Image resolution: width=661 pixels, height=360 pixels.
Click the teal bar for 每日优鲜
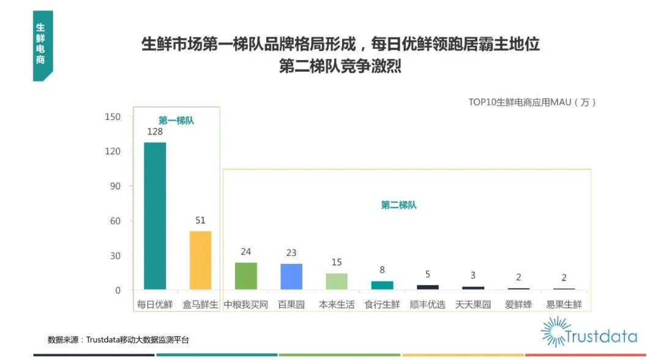coord(155,216)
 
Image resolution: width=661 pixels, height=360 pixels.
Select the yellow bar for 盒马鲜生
coord(200,260)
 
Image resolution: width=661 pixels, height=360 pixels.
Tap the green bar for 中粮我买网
coord(246,276)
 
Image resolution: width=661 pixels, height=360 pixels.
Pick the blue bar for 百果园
coord(291,276)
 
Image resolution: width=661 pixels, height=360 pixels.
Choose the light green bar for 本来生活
coord(337,281)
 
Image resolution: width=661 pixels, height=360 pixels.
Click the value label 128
coord(154,132)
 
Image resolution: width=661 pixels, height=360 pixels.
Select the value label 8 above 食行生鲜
coord(382,270)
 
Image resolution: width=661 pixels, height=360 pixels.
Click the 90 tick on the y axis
coord(114,186)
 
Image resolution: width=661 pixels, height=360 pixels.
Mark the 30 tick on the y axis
coord(114,255)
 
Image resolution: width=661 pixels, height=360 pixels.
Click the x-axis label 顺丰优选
coord(427,304)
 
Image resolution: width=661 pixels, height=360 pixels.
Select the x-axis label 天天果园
coord(472,304)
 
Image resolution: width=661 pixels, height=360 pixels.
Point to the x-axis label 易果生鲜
coord(564,304)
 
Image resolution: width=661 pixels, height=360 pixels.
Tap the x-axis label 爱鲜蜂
coord(518,304)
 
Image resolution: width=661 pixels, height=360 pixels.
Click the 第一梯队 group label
coord(176,121)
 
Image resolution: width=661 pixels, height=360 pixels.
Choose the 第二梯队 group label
coord(398,205)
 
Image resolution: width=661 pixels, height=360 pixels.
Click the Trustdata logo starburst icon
coord(555,331)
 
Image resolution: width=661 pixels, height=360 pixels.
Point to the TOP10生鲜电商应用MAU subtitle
coord(532,102)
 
